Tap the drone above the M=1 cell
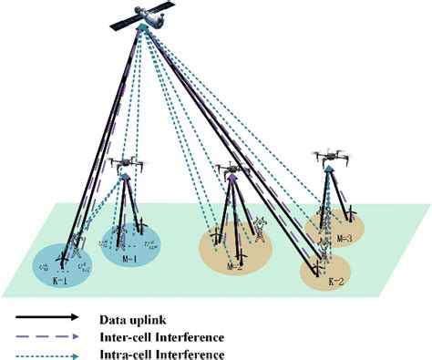123,164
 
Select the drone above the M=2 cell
234,170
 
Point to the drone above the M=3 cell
330,157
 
